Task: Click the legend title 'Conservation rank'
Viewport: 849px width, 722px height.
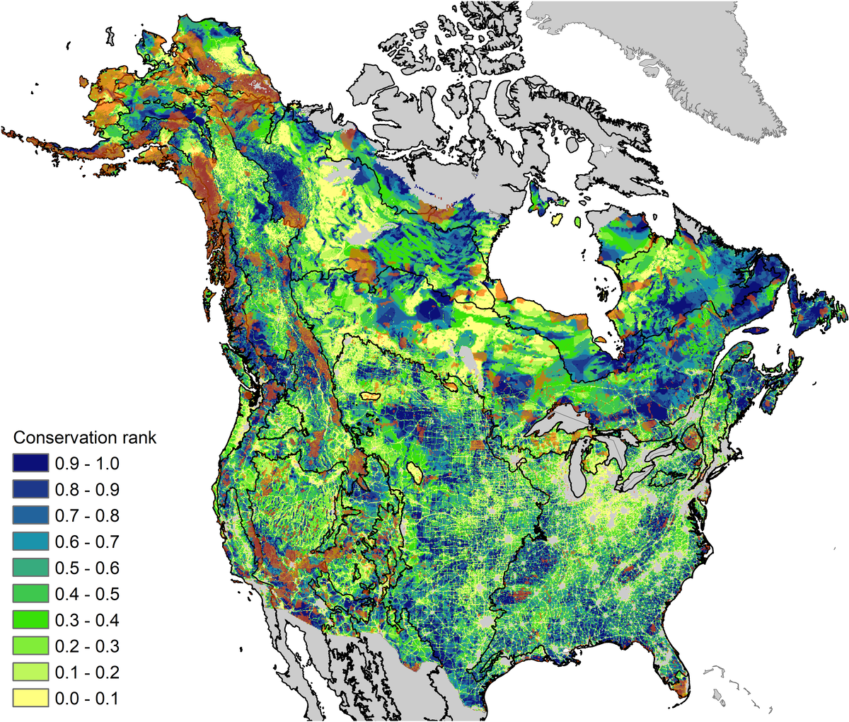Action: pos(85,437)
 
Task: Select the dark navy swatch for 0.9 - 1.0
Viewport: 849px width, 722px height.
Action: pos(30,464)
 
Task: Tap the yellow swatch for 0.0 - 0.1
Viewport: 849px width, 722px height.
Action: pos(30,699)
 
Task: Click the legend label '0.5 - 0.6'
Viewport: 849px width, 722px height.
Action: pos(87,568)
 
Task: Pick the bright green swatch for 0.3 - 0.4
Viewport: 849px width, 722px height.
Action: pos(30,621)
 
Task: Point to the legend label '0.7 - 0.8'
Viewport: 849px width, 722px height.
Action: pos(87,516)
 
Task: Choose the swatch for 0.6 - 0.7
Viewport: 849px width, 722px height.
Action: pos(30,542)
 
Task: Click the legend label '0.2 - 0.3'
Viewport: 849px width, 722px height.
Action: pos(87,647)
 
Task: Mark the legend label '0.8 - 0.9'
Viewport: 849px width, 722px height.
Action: pos(87,490)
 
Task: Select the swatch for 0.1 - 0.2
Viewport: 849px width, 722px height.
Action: pos(30,673)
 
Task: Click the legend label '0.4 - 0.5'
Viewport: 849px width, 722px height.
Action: pos(87,595)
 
